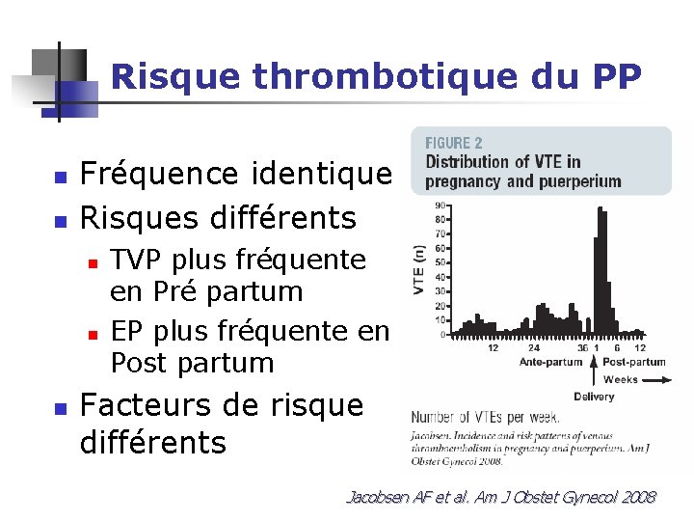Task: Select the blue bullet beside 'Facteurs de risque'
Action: [60, 408]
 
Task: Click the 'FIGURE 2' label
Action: [455, 144]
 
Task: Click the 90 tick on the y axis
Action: [440, 206]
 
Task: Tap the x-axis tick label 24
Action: [534, 347]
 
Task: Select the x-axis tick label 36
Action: [582, 347]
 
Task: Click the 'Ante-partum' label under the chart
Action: [551, 363]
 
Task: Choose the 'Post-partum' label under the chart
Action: [634, 363]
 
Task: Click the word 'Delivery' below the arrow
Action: [594, 397]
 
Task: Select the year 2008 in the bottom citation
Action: [635, 498]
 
